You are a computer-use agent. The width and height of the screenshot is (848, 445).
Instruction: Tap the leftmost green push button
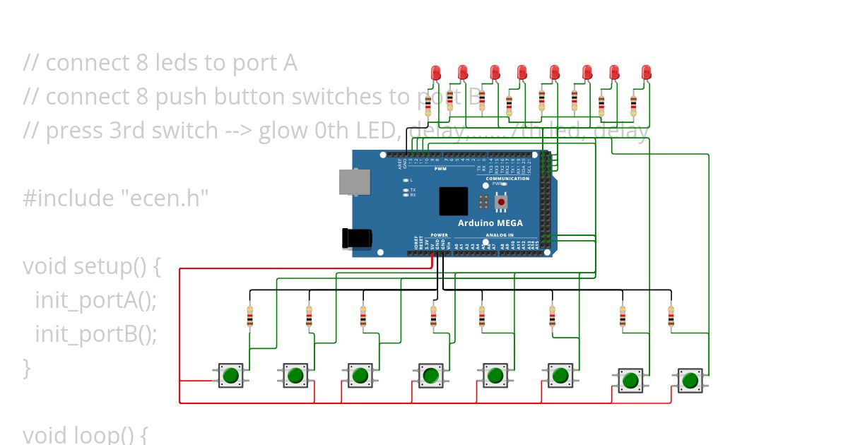pyautogui.click(x=230, y=375)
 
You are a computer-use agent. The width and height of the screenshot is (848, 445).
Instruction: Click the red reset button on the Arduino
pyautogui.click(x=501, y=202)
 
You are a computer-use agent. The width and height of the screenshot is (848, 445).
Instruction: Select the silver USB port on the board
pyautogui.click(x=353, y=182)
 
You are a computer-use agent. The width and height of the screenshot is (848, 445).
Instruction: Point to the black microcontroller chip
pyautogui.click(x=454, y=201)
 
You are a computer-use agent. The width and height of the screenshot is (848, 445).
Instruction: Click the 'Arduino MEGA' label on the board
pyautogui.click(x=490, y=223)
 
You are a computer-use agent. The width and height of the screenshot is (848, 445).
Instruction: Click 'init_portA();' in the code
pyautogui.click(x=95, y=300)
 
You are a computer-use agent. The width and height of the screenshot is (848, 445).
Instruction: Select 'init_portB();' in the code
pyautogui.click(x=95, y=333)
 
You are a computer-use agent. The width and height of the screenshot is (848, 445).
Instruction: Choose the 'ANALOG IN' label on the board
pyautogui.click(x=500, y=235)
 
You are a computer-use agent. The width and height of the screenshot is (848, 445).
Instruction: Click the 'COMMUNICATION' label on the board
pyautogui.click(x=507, y=179)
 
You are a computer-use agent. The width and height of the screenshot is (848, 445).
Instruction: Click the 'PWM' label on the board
pyautogui.click(x=440, y=169)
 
